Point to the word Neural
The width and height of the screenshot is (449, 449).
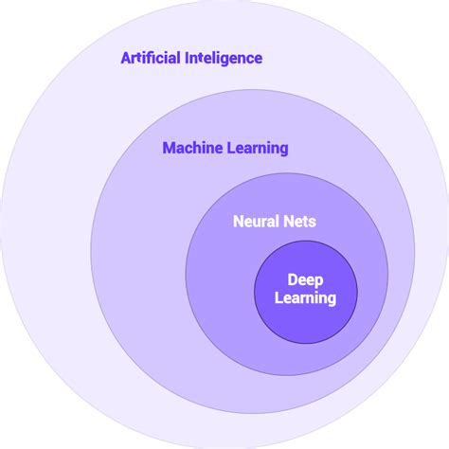[254, 222]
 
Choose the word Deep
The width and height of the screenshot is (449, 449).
[305, 280]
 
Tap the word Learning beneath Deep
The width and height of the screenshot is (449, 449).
[305, 298]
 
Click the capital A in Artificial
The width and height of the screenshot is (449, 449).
[126, 58]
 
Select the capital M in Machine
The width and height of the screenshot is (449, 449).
[169, 148]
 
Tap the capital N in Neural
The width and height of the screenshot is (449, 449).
[238, 222]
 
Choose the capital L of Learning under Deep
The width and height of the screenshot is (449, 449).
[278, 298]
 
